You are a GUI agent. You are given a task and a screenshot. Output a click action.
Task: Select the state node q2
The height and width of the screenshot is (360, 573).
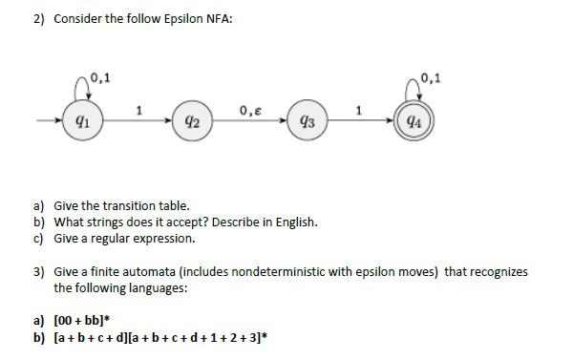coord(191,121)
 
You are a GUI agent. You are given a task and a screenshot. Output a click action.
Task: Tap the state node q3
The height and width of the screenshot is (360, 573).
coord(306,121)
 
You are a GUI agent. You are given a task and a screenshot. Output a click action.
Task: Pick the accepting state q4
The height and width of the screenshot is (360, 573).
coord(412,121)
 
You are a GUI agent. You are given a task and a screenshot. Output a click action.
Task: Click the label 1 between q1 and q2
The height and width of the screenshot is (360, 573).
coord(139,110)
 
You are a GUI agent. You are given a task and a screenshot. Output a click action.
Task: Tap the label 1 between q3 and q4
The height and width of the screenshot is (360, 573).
coord(358,110)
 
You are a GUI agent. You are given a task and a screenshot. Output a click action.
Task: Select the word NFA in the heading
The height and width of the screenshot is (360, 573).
coord(218,19)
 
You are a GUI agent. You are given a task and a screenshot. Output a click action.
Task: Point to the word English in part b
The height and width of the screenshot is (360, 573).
coord(294,222)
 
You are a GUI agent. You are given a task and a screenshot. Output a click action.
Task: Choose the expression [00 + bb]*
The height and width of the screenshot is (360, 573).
coord(90,321)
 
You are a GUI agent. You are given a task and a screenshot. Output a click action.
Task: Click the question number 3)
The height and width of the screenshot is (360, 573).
coord(39,271)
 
